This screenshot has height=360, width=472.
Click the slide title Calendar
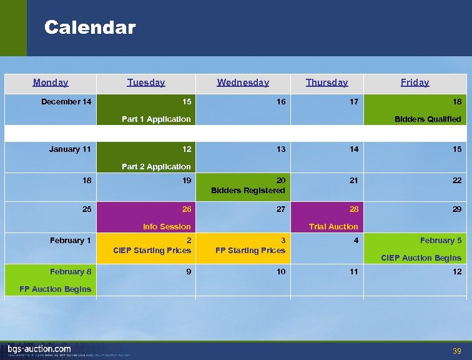coord(90,27)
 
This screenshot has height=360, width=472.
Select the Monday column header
coord(51,82)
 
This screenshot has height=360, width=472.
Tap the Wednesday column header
coord(243,82)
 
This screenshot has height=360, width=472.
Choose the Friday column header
coord(415,82)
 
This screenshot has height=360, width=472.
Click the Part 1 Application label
coord(156,119)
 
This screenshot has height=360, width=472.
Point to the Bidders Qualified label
coord(428,119)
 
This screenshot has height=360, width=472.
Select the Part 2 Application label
coord(156,166)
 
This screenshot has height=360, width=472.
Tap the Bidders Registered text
coord(248,190)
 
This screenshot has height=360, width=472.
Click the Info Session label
coord(167,226)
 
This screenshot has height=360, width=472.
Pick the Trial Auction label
coord(334,226)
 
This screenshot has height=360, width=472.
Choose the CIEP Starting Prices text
coord(152,251)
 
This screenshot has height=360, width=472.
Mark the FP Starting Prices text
coord(250,251)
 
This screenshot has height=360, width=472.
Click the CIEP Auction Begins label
coord(421,257)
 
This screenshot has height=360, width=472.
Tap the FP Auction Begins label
coord(55,289)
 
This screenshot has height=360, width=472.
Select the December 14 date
coord(66,101)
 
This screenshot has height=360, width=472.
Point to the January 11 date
coord(70,149)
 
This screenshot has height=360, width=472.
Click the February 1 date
coord(71,240)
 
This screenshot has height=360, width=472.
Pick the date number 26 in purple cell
coord(187,209)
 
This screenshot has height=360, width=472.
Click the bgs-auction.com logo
coord(39,349)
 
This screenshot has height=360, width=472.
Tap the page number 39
coord(457,351)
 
